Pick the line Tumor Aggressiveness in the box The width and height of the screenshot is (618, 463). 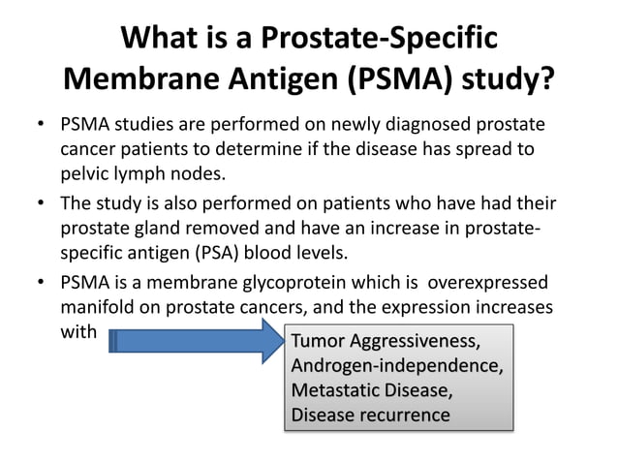[385, 343]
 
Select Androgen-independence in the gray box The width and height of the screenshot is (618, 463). [396, 367]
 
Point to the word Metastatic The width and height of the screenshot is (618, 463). [332, 391]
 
